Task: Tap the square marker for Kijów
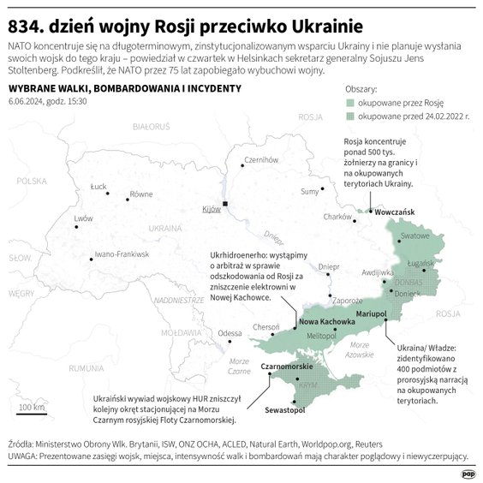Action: click(x=225, y=204)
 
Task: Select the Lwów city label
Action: click(x=83, y=218)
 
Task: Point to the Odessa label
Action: click(x=230, y=332)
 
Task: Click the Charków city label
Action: click(x=337, y=217)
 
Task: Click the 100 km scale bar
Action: click(x=32, y=413)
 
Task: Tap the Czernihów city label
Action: click(x=263, y=160)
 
